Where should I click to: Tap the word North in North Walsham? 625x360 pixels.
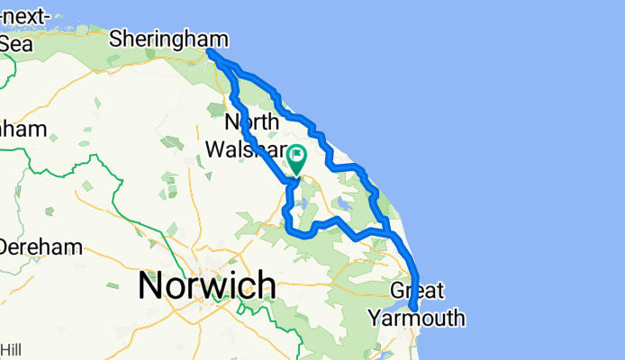pos(251,121)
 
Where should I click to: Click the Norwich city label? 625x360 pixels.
pos(206,286)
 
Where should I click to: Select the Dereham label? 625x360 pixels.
pos(41,246)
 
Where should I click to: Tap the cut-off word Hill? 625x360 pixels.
pos(12,349)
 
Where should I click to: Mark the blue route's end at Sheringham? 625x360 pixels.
pos(211,52)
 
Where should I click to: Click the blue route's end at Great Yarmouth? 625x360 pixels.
pos(412,309)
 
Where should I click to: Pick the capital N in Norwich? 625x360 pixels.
pos(151,286)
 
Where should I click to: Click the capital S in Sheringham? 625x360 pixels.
pos(116,39)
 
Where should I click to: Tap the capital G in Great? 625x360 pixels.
pos(399,292)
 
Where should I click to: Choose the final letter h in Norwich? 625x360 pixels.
pos(266,285)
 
